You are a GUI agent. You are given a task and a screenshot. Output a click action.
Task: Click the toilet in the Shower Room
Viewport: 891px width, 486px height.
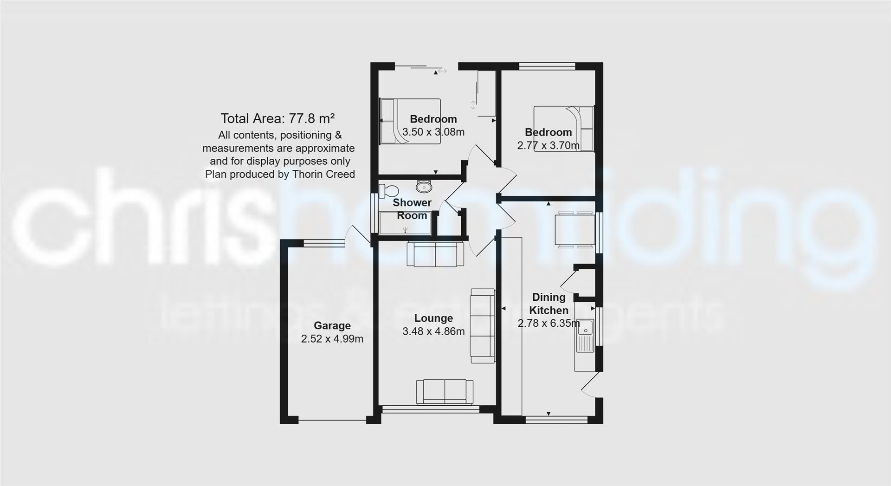[x=389, y=190]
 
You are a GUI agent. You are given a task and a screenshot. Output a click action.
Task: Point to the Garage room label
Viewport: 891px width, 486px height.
[x=332, y=326]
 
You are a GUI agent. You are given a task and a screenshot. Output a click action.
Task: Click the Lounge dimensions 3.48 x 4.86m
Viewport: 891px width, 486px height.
[x=433, y=331]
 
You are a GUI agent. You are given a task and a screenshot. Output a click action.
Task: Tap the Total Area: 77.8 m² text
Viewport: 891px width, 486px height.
[x=278, y=119]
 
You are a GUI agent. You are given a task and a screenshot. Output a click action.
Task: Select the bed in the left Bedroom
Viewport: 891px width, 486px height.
[x=410, y=121]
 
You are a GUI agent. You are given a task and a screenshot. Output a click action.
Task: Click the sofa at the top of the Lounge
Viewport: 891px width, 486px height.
[x=435, y=254]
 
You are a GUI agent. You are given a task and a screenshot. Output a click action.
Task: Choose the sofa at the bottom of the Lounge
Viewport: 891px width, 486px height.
[x=445, y=391]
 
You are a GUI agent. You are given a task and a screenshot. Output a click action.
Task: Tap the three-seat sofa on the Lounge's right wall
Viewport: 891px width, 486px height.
[x=482, y=326]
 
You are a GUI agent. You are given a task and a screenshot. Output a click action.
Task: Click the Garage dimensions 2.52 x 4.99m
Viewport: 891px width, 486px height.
[x=332, y=339]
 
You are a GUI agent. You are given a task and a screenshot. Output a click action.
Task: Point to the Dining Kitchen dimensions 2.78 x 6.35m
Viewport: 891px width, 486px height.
[x=549, y=323]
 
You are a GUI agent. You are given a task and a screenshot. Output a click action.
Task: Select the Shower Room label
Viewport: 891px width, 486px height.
[x=412, y=209]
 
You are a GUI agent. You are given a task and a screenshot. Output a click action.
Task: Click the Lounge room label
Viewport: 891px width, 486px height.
[x=433, y=318]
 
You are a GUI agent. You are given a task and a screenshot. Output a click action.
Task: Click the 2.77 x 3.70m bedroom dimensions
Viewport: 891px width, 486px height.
[x=548, y=146]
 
